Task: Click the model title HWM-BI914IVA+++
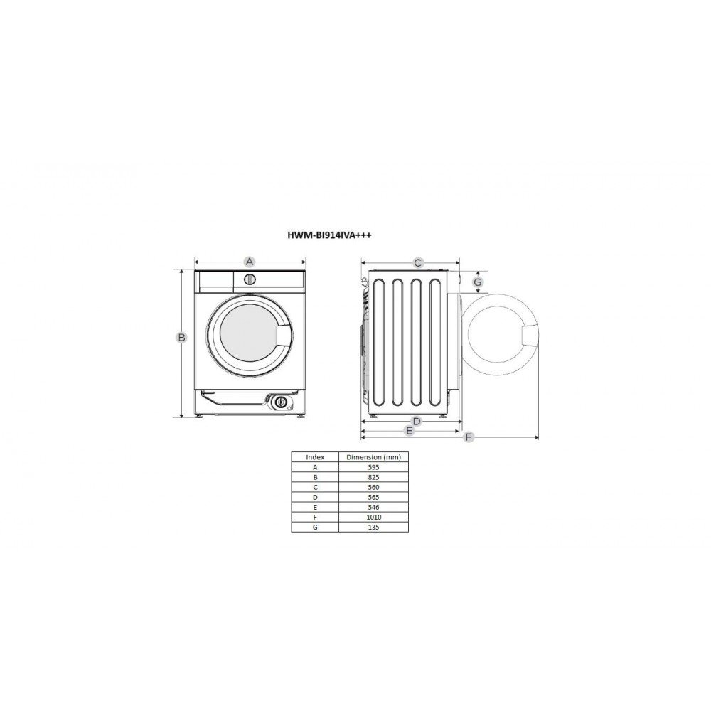click(329, 235)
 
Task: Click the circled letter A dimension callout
click(249, 262)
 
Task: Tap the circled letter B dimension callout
click(181, 337)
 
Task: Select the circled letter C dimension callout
click(418, 262)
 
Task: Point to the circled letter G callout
click(478, 282)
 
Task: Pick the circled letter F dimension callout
click(469, 437)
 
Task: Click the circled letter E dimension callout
click(410, 430)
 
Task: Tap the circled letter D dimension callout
click(417, 422)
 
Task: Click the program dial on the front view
click(250, 279)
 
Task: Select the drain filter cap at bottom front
click(281, 402)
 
